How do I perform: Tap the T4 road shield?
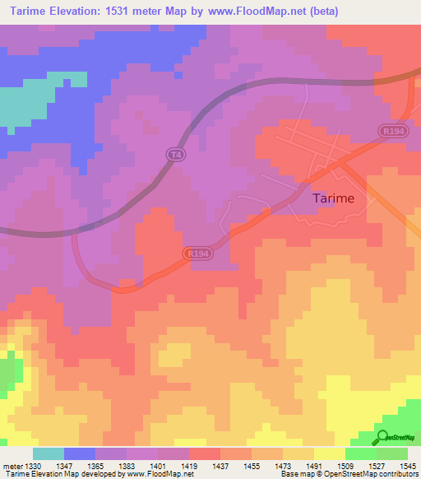[173, 154]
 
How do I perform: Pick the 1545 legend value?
[407, 466]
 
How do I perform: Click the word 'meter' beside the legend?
[11, 466]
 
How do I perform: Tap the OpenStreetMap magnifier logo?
[382, 437]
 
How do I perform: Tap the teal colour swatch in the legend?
[48, 453]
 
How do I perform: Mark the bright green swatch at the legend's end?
[391, 453]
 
